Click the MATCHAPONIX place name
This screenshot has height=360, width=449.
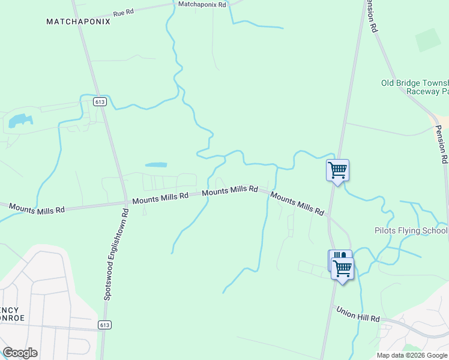point(79,22)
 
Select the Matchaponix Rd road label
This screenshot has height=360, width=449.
point(202,4)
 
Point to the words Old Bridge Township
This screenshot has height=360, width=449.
point(415,83)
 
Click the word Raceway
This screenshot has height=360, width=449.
point(423,92)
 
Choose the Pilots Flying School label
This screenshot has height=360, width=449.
point(411,230)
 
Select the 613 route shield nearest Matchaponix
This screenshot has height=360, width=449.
point(100,102)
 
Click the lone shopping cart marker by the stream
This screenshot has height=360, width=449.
point(337,170)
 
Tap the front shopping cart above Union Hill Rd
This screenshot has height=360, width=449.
point(343,269)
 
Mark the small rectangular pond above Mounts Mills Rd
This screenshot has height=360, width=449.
point(156,164)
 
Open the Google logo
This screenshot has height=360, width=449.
point(20,353)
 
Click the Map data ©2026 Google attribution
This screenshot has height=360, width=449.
point(412,355)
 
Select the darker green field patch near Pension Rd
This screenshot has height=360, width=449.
point(427,40)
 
